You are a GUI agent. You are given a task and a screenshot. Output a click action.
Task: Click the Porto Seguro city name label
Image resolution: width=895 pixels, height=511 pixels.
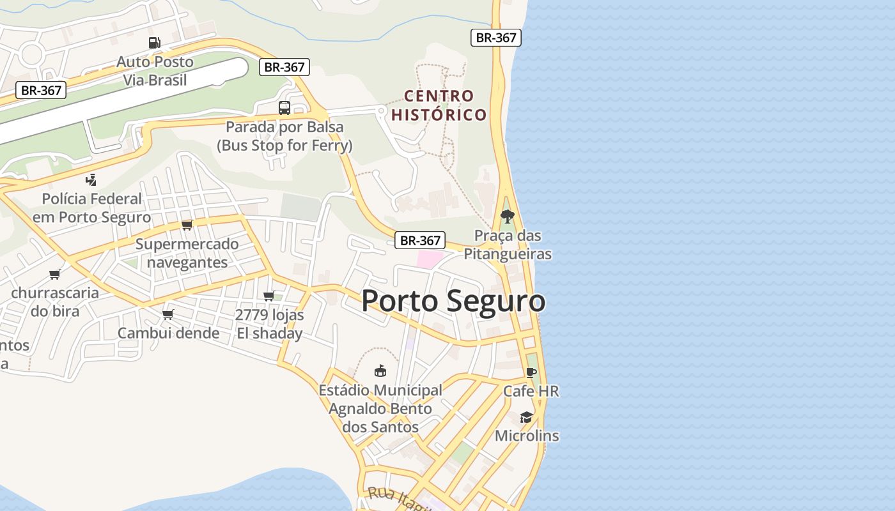[x=453, y=301]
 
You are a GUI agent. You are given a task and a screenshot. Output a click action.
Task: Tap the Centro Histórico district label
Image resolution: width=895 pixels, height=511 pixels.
[x=439, y=105]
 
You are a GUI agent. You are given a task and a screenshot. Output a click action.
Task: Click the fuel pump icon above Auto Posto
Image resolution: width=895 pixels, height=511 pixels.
[x=154, y=43]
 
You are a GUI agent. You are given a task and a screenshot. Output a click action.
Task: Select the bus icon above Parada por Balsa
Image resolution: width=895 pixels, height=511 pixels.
[x=284, y=107]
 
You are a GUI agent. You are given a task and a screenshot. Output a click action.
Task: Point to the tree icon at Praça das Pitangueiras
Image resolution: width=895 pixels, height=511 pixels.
[x=507, y=216]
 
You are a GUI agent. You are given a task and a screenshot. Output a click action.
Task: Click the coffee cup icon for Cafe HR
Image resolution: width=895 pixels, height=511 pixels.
[x=531, y=372]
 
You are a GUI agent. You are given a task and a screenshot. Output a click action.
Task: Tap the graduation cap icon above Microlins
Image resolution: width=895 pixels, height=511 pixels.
[x=526, y=417]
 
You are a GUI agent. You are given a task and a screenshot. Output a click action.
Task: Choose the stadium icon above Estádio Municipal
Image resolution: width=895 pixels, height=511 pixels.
[x=380, y=370]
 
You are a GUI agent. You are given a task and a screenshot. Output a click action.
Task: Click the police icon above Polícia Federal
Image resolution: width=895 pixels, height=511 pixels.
[x=91, y=179]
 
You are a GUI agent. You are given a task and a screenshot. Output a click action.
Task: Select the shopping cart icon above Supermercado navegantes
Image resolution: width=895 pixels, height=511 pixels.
[x=187, y=225]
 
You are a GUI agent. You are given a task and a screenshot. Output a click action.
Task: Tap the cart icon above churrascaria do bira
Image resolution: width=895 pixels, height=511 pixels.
[x=55, y=275]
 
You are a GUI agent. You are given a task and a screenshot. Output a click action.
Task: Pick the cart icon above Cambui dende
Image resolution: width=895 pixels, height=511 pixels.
[x=168, y=314]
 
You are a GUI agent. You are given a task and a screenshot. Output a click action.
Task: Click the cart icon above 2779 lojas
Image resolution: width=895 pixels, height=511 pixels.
[x=269, y=296]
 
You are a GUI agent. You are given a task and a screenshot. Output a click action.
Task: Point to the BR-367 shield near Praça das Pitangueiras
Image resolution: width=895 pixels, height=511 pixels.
[x=419, y=240]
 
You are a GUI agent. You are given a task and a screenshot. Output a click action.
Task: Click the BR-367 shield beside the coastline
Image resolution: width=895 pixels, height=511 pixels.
[x=496, y=38]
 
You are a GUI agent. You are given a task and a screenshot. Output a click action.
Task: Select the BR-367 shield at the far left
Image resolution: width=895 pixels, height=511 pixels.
[x=41, y=90]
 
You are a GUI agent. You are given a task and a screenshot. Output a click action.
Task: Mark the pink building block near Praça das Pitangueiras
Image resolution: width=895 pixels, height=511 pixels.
[x=429, y=259]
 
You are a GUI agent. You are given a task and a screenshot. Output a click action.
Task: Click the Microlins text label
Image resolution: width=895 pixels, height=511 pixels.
[x=527, y=436]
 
